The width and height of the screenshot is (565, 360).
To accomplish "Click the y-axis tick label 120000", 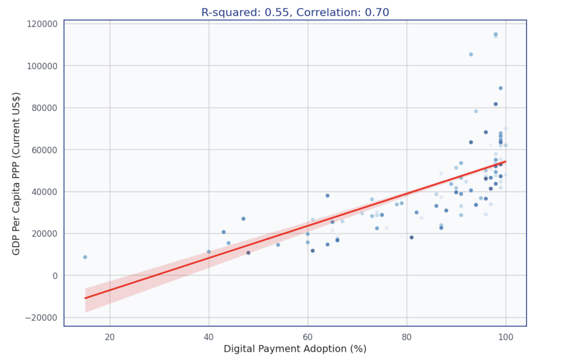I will (x=42, y=24).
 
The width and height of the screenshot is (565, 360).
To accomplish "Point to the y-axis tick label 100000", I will (x=42, y=66).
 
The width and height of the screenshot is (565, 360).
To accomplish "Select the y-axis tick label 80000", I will (x=44, y=108).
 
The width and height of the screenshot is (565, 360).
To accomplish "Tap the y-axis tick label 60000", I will (x=44, y=150).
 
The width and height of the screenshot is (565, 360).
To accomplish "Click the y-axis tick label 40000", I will (x=44, y=192).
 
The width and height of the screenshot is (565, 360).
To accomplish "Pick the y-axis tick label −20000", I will (x=41, y=318).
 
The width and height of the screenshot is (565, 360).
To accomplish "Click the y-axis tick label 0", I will (x=55, y=276).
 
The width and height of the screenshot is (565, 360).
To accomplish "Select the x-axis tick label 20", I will (x=110, y=337).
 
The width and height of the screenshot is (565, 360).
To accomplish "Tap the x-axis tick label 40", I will (x=209, y=337).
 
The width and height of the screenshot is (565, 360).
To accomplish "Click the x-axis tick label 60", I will (x=308, y=337).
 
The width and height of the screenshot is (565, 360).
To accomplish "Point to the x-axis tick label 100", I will (x=506, y=337).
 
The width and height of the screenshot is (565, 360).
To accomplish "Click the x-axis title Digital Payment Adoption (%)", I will (x=295, y=349).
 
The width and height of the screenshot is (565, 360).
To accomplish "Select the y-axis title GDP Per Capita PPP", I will (x=16, y=173).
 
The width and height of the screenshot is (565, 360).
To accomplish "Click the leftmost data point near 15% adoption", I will (x=85, y=257).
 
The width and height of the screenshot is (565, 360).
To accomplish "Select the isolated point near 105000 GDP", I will (x=471, y=54).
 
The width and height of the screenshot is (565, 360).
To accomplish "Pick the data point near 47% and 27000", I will (x=243, y=219).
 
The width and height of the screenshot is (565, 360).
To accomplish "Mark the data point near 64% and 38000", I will (x=328, y=196).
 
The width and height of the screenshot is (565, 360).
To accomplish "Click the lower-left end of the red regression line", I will (x=86, y=298).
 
